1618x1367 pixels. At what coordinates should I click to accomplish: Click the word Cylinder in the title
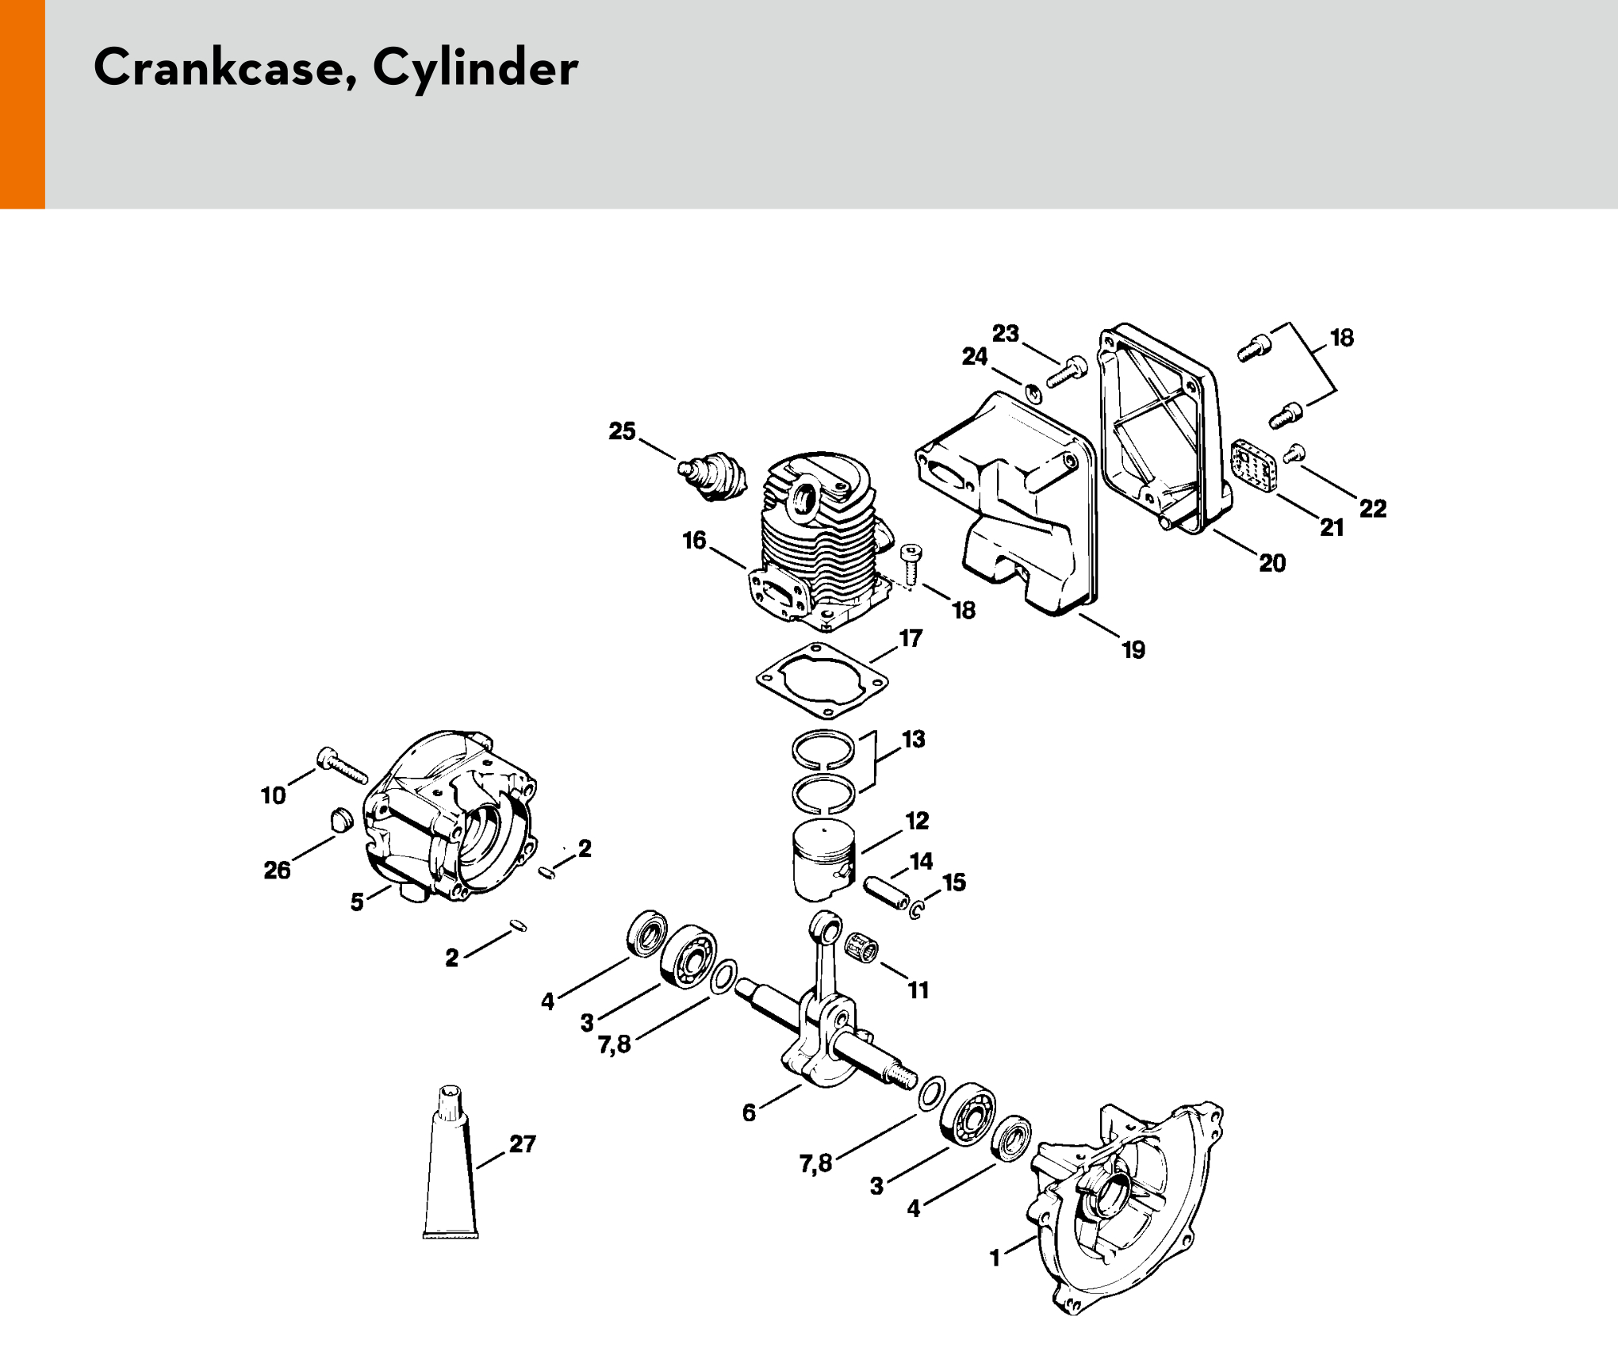(x=475, y=69)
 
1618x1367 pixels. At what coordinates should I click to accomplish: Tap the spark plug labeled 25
(x=715, y=473)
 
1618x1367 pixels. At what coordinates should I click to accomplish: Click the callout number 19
(x=1133, y=650)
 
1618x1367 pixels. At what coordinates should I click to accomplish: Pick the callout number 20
(x=1272, y=563)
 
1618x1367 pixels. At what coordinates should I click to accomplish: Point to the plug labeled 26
(x=339, y=819)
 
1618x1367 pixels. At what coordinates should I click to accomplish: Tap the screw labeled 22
(x=1294, y=454)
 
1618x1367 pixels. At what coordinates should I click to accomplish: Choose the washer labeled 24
(x=1033, y=392)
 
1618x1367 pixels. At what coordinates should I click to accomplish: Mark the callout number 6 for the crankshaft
(x=749, y=1112)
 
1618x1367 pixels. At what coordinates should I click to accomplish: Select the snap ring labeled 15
(x=917, y=909)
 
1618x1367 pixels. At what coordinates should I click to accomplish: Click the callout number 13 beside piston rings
(x=914, y=739)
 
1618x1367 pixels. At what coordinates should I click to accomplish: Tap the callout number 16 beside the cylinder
(x=694, y=541)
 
